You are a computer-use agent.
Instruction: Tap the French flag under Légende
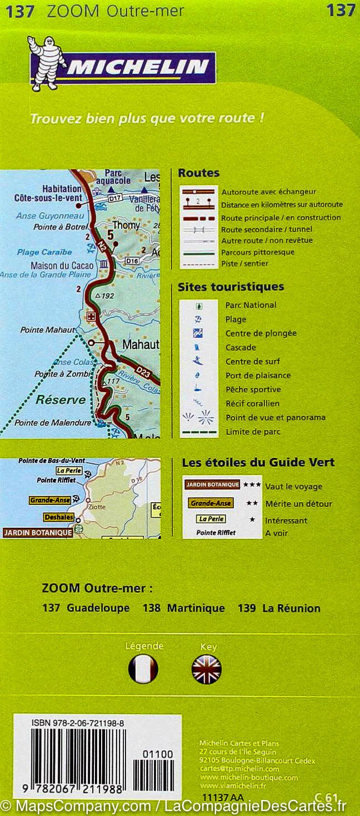coord(143,669)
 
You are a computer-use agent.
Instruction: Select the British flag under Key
coord(206,669)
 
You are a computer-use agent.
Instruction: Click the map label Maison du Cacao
coord(62,266)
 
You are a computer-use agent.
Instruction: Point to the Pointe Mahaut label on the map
coord(47,330)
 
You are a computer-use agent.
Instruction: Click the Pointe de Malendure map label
coord(52,422)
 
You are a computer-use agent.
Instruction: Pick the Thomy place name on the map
coord(126,226)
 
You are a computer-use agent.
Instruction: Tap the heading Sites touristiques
coord(231,287)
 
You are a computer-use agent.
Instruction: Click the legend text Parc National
coord(251,305)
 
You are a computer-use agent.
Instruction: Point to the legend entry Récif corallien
coord(252,403)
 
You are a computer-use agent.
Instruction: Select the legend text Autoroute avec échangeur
coord(268,192)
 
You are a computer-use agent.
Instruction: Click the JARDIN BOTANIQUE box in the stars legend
coord(212,485)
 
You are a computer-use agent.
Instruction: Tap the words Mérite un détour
coord(298,504)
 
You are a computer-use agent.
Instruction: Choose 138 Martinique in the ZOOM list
coord(184,608)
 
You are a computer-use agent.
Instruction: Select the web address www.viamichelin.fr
coord(233,785)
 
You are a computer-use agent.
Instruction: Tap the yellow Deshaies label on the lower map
coord(58,517)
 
